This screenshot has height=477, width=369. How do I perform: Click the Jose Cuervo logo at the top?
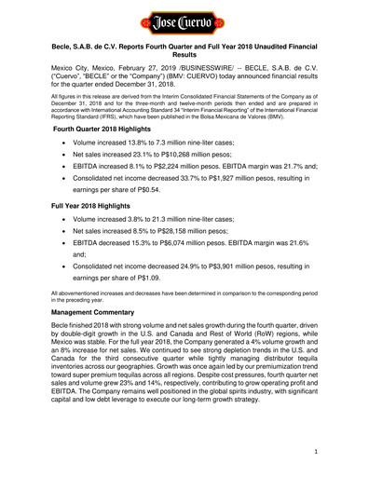click(184, 19)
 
